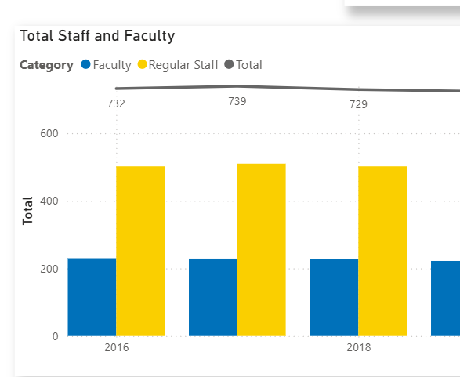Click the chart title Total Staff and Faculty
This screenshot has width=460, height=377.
tap(97, 36)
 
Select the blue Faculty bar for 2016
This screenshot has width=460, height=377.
tap(92, 297)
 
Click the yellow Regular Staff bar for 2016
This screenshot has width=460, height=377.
tap(140, 251)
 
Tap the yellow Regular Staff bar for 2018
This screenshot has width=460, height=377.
tap(382, 251)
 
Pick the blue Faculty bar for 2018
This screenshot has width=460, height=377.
tap(334, 297)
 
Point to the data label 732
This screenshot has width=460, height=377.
tap(116, 103)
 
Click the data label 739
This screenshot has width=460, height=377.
tap(237, 101)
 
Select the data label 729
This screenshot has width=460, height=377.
tap(358, 104)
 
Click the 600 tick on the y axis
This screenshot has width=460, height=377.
tap(49, 133)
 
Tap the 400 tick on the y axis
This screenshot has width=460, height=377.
tap(49, 201)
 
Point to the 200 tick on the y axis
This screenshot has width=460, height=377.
tap(49, 269)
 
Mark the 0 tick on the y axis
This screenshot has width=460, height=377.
tap(54, 336)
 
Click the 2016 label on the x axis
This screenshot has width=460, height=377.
tap(116, 347)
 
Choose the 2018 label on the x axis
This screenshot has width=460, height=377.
tap(358, 347)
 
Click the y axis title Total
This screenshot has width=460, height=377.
tap(28, 211)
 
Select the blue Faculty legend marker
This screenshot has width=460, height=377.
tap(85, 65)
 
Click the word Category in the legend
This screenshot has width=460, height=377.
tap(46, 65)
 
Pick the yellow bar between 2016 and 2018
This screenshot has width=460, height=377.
tap(262, 250)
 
